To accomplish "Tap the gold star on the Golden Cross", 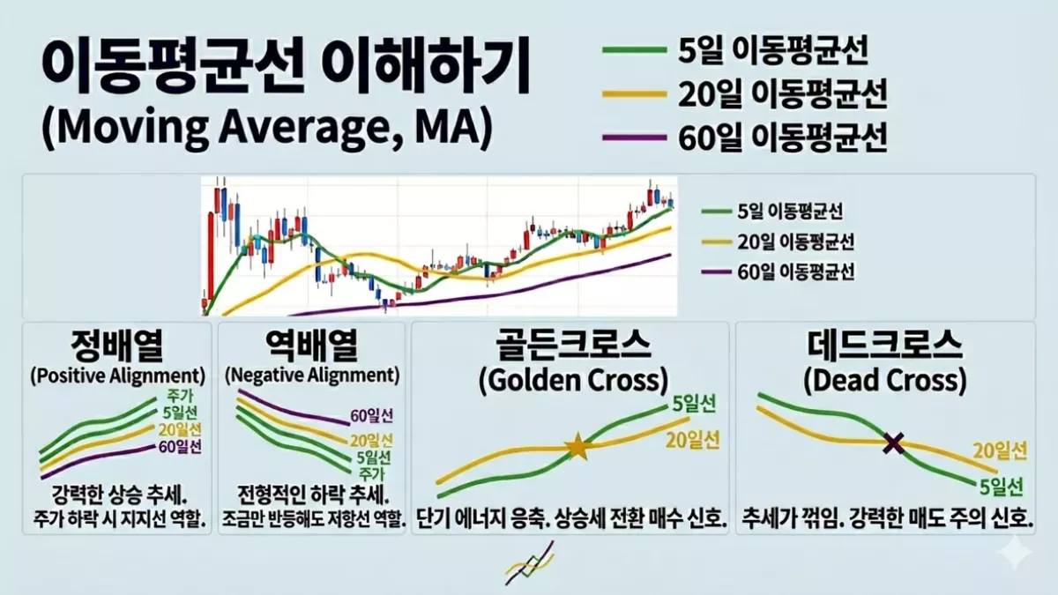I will pyautogui.click(x=577, y=447).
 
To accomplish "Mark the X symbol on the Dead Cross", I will pyautogui.click(x=894, y=443).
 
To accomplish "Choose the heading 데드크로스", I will pyautogui.click(x=885, y=346).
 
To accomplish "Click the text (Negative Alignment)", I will pyautogui.click(x=311, y=375).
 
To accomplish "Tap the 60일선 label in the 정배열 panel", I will pyautogui.click(x=182, y=446).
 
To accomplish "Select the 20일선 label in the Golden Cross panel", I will pyautogui.click(x=692, y=438).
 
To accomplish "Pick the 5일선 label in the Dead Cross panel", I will pyautogui.click(x=1002, y=486).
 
